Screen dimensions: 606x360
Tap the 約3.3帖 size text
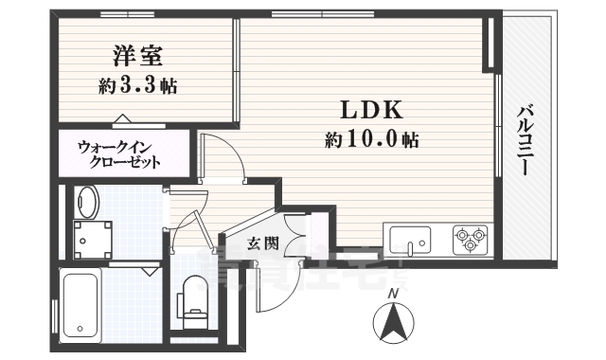[x=136, y=86]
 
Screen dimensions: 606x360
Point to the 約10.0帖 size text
[x=371, y=140]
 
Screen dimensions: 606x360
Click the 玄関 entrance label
[x=263, y=243]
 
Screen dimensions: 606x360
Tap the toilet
[x=195, y=295]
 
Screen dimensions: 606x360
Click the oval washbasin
[x=88, y=202]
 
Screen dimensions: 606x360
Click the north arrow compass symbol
[x=393, y=325]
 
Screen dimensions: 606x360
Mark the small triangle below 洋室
[x=122, y=118]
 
